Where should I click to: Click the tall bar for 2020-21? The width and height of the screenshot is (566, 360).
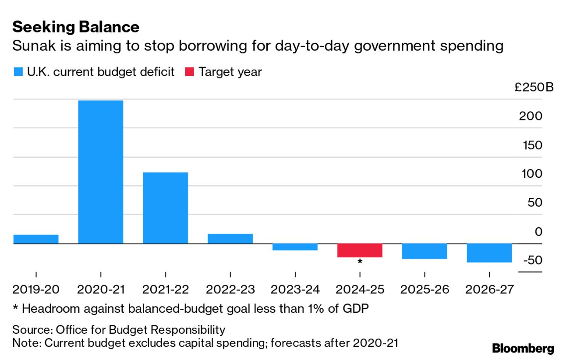(x=100, y=172)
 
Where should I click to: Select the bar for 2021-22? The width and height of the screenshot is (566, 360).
(x=165, y=208)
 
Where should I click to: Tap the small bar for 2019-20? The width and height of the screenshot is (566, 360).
(x=36, y=239)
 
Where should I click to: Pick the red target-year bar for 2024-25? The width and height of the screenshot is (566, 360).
(x=360, y=250)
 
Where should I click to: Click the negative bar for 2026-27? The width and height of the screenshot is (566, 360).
(x=489, y=253)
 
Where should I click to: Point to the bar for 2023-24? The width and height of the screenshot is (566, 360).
(x=295, y=247)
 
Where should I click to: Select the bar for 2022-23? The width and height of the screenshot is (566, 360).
(x=230, y=238)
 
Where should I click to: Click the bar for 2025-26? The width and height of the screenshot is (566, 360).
(x=424, y=251)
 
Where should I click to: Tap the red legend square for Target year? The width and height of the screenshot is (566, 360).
(x=190, y=72)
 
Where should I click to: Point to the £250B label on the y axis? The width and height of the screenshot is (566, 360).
(x=534, y=87)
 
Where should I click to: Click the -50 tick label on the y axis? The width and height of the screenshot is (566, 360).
(x=532, y=260)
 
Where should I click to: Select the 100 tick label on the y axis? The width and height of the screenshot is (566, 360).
(x=532, y=174)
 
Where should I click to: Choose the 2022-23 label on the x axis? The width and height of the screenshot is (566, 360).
(x=230, y=289)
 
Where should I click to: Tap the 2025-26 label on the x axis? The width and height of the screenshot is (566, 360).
(x=424, y=289)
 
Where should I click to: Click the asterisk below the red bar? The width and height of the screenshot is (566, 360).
(x=360, y=262)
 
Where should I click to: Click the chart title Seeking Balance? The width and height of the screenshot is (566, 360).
(x=76, y=27)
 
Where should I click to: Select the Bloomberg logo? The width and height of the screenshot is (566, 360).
(x=523, y=349)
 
